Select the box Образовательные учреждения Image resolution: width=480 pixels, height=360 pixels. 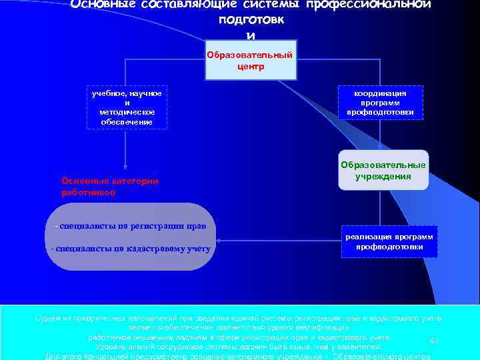click(x=383, y=171)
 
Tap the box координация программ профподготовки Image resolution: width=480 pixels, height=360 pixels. click(x=380, y=103)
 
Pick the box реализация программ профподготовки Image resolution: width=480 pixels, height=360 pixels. click(x=389, y=241)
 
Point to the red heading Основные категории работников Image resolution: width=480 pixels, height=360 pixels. click(x=109, y=186)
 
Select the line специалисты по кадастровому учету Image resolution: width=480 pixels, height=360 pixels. click(x=131, y=249)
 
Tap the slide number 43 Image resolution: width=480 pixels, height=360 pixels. click(x=433, y=341)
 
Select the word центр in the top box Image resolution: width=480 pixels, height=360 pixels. click(x=250, y=67)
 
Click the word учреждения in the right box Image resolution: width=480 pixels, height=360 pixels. click(x=383, y=177)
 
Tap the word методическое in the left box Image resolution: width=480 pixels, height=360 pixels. click(x=127, y=113)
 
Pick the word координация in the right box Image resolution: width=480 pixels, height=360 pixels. click(x=381, y=94)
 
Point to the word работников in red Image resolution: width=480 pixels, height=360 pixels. click(x=87, y=192)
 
